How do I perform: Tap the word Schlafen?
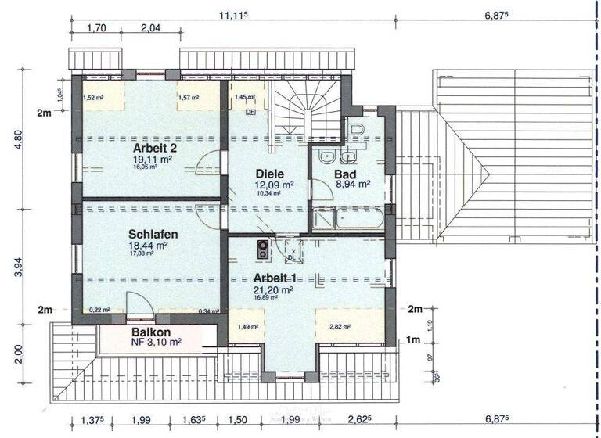tap(153, 234)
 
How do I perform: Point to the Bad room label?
tap(345, 174)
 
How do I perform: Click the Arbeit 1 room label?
tap(274, 278)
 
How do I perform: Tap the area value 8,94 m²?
tap(352, 185)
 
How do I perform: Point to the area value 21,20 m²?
tap(272, 289)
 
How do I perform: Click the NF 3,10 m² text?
tap(156, 342)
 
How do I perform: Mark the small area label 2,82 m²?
tap(340, 327)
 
